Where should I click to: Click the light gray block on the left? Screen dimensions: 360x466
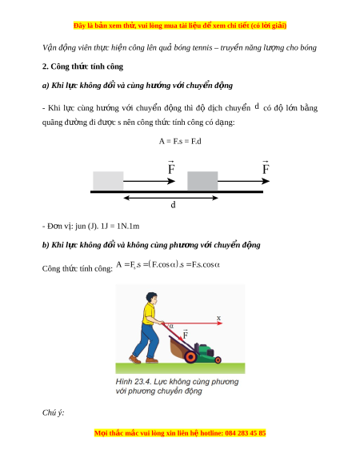point(108,181)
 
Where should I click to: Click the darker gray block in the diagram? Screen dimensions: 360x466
point(202,181)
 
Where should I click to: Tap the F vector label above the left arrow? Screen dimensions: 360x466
point(171,167)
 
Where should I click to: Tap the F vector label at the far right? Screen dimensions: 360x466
point(266,167)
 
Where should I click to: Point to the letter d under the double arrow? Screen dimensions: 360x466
point(173,204)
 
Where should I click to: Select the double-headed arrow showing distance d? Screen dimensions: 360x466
point(170,198)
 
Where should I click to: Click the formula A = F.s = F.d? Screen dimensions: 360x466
point(180,141)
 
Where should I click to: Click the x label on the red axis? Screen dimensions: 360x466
point(219,318)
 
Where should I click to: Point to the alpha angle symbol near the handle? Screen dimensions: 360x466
point(171,326)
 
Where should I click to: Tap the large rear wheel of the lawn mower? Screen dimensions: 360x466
point(190,356)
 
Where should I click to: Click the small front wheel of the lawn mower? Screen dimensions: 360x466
point(218,360)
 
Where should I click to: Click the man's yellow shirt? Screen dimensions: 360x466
point(148,314)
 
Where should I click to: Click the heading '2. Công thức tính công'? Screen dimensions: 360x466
point(82,66)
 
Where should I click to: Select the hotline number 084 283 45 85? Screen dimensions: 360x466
point(246,433)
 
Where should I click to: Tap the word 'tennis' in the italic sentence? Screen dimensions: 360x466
point(202,47)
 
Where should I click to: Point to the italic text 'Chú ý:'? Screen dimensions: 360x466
point(53,413)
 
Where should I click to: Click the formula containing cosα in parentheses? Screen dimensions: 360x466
point(168,264)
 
